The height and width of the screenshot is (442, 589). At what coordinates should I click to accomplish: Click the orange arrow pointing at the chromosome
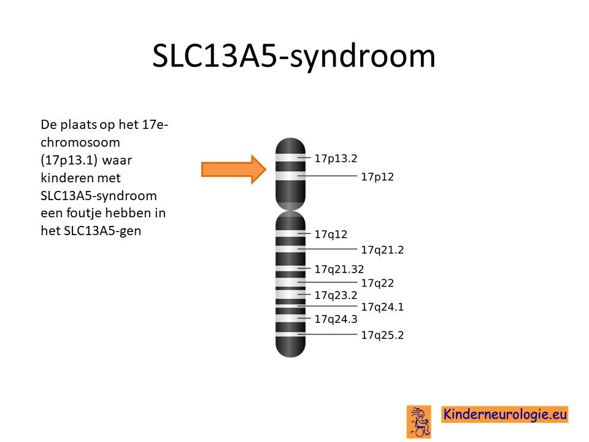234,169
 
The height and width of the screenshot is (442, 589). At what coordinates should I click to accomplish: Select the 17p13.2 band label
336,158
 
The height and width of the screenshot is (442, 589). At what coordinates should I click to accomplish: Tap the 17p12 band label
377,177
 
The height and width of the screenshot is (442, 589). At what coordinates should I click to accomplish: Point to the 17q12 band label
331,235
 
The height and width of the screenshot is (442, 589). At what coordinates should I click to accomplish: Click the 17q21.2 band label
382,250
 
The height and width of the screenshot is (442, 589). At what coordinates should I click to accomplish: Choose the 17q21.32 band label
339,269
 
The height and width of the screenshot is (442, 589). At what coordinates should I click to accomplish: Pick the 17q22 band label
377,283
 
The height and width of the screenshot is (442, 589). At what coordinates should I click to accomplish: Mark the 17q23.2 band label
336,295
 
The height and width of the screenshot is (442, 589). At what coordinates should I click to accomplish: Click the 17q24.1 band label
382,307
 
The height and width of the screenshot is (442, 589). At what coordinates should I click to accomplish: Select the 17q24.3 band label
336,319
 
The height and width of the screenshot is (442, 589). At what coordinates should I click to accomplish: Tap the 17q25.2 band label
382,335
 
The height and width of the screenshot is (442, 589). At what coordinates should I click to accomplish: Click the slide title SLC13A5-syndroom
294,56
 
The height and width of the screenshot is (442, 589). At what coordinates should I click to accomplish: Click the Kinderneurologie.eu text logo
504,414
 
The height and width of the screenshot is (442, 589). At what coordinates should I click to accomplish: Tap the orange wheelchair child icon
419,422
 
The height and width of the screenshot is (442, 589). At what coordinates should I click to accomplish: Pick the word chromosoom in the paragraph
80,142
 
